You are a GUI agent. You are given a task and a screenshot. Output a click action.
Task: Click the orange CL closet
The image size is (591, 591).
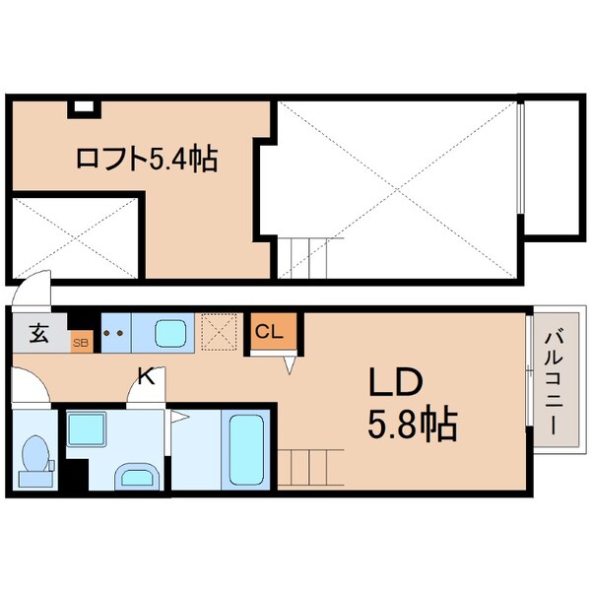[x=269, y=331]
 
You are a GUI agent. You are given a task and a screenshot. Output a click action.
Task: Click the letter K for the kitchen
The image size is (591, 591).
[x=145, y=374]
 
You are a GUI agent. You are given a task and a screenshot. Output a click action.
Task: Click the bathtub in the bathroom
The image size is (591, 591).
[x=244, y=449]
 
